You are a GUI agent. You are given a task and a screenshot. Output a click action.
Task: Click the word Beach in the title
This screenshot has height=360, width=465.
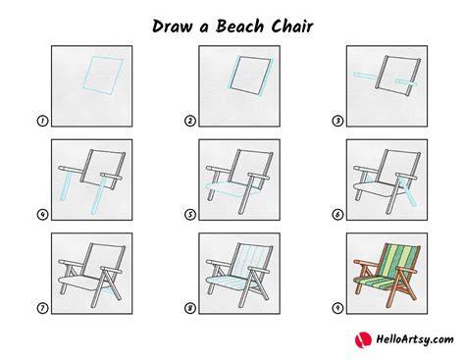[239, 26]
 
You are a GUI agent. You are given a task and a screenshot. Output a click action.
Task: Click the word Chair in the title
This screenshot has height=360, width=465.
[292, 26]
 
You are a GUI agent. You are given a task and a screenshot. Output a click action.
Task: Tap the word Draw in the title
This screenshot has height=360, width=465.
[172, 26]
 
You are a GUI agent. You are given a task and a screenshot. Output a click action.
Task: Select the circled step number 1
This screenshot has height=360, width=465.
[42, 121]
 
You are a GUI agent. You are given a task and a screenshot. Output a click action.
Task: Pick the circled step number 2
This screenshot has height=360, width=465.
[190, 121]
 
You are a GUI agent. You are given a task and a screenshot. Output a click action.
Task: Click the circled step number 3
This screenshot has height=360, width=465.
[337, 121]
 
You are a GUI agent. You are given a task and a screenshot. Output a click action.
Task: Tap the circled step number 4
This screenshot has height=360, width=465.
[42, 215]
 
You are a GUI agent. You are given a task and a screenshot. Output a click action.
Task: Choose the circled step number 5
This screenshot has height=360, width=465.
[190, 215]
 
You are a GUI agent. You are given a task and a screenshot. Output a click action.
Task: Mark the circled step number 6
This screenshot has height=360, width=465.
[337, 215]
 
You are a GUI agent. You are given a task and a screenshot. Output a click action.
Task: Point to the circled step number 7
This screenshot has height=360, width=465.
[42, 308]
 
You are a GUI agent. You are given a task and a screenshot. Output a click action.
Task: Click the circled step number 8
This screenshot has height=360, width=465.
[190, 308]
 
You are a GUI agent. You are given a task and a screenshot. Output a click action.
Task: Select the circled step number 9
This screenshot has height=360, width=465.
[337, 308]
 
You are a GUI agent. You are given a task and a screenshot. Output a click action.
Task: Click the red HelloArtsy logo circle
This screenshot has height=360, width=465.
[363, 339]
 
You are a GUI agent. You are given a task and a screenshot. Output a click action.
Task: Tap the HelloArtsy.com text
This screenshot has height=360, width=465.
[415, 339]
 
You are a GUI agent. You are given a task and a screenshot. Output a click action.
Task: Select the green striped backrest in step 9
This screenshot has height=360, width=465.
[399, 260]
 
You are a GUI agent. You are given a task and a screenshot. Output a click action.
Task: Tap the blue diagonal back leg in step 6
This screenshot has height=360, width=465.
[409, 192]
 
